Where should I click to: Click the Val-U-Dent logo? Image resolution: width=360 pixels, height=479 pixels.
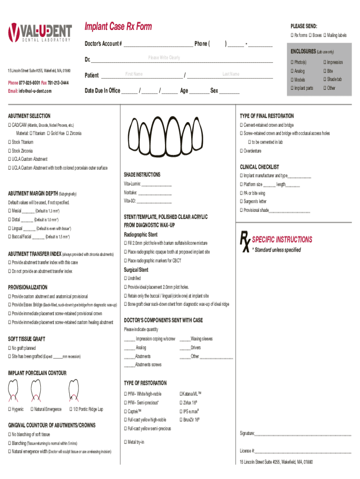click(40, 32)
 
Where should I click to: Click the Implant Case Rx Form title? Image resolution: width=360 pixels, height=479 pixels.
click(118, 27)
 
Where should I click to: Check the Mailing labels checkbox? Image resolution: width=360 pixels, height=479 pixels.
click(325, 36)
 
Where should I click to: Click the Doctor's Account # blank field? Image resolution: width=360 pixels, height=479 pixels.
click(158, 44)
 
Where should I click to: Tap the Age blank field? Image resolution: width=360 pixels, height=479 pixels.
click(199, 91)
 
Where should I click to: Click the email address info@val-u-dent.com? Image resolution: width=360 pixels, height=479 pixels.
click(29, 91)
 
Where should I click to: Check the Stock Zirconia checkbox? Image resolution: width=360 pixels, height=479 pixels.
click(9, 151)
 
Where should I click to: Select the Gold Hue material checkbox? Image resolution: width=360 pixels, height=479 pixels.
click(48, 133)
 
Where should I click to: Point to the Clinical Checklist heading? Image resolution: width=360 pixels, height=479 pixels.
click(259, 167)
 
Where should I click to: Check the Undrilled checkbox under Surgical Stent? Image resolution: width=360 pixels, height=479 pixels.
click(125, 278)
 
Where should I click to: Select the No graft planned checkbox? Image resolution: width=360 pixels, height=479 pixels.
click(9, 348)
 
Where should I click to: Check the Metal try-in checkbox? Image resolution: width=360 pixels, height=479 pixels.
click(125, 442)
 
